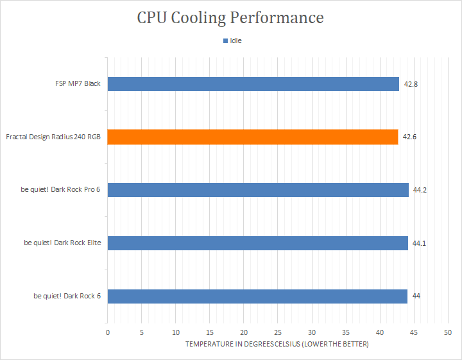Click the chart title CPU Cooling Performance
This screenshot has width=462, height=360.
tap(230, 18)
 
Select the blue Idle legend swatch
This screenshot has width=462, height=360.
tap(225, 40)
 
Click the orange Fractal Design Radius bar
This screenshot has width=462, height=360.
tap(253, 137)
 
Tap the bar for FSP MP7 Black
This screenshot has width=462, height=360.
tap(253, 84)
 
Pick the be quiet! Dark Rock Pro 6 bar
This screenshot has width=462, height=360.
tap(258, 190)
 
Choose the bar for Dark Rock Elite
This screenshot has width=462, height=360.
tap(258, 243)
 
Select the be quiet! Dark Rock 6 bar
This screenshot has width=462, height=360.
tap(257, 296)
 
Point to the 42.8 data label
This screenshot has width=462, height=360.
tap(411, 84)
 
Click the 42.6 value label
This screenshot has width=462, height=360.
tap(409, 137)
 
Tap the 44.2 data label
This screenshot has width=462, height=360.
tap(420, 191)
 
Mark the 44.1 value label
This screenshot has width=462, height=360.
tap(419, 243)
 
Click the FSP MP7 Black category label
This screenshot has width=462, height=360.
tap(78, 83)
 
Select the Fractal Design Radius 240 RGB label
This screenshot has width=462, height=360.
tap(53, 137)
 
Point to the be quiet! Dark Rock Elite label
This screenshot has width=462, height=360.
tap(62, 243)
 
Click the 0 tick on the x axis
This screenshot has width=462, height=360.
tap(108, 332)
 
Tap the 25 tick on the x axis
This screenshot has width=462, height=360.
tap(278, 332)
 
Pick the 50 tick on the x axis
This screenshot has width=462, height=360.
tap(448, 332)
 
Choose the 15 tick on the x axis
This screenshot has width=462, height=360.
tap(210, 332)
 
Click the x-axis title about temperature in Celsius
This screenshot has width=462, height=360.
tap(277, 344)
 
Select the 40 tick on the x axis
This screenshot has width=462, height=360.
tap(380, 332)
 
